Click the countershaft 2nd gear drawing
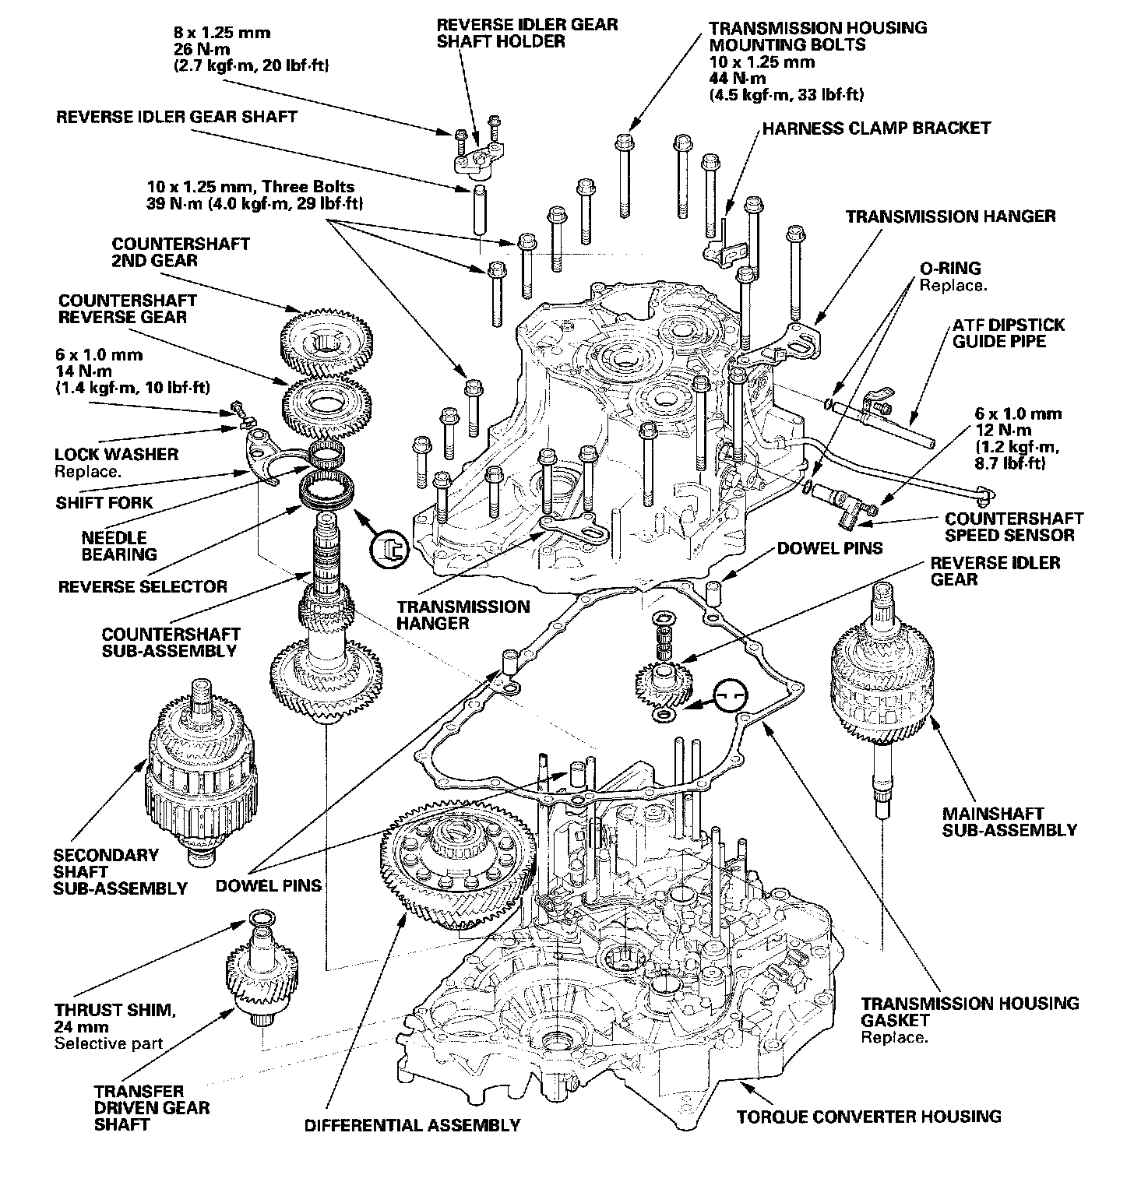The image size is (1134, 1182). coord(326,342)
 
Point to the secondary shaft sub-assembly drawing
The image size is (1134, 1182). coord(201,771)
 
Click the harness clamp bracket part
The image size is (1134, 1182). coord(725,246)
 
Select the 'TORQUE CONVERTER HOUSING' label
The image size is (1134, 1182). coord(868,1117)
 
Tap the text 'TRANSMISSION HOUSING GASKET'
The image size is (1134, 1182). coord(970,1011)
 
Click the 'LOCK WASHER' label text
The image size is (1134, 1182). coord(117,454)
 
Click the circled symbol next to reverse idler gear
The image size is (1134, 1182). coord(730,693)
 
